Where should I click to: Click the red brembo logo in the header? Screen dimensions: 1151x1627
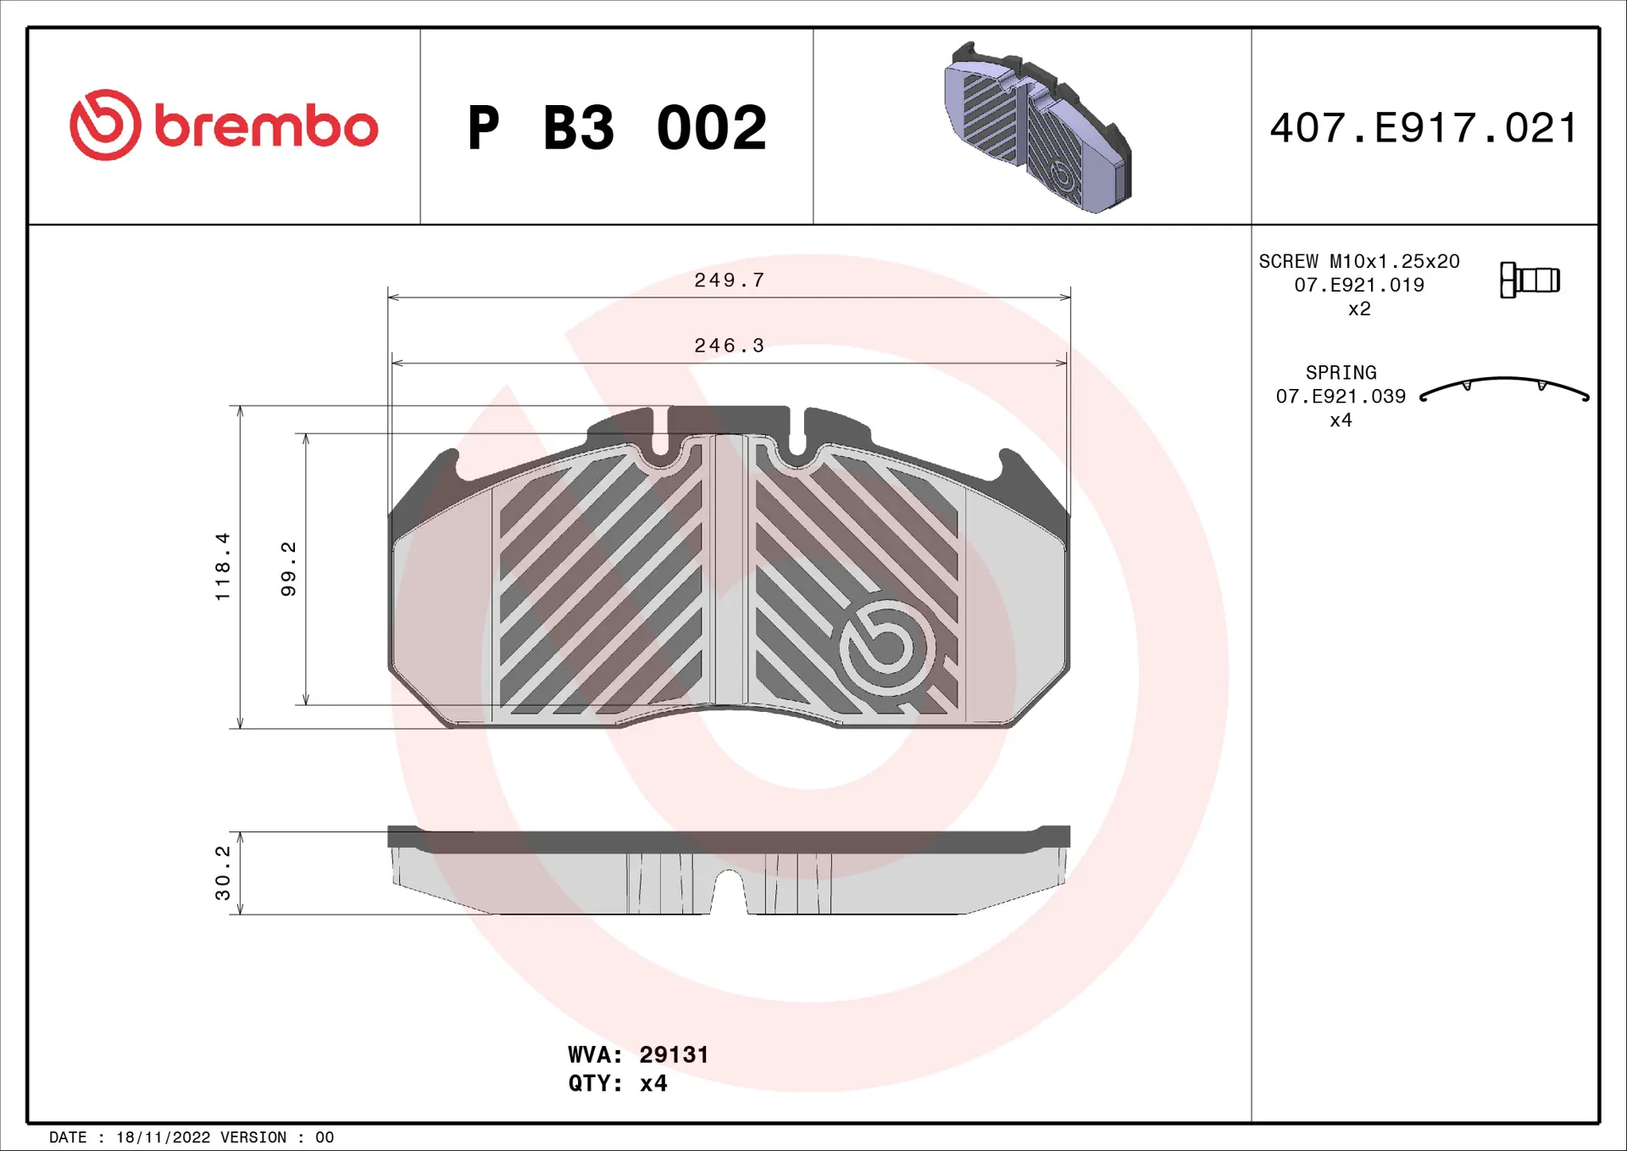coord(223,125)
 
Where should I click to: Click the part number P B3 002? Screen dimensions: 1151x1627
coord(617,128)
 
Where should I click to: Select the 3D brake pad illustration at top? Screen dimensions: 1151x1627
coord(1037,127)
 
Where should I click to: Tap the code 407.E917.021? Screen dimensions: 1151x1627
coord(1424,128)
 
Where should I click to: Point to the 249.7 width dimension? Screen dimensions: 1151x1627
coord(729,280)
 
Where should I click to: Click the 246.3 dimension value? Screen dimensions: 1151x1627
coord(729,346)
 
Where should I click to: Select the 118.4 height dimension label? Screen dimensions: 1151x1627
coord(222,566)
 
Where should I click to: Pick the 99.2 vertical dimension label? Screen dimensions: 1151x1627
coord(288,569)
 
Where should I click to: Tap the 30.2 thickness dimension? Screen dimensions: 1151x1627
coord(222,872)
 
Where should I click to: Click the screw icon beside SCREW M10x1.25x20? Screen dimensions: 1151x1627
coord(1530,280)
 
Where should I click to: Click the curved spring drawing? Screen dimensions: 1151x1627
coord(1504,388)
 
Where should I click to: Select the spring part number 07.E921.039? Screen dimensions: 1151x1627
coord(1341,396)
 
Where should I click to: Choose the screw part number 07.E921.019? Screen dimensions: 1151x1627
coord(1358,285)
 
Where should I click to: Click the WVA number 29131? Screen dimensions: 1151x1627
coord(674,1054)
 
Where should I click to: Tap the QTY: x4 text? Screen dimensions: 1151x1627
coord(617,1083)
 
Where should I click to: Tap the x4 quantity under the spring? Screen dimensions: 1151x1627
coord(1341,420)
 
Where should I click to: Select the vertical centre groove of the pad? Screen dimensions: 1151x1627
coord(729,570)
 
